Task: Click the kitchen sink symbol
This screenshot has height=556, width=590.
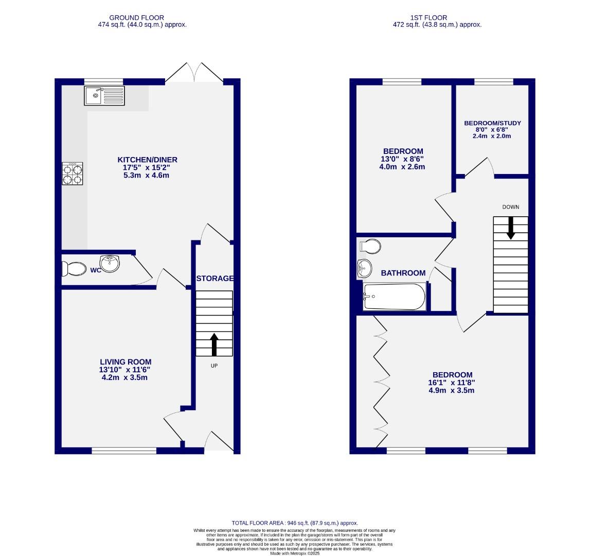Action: point(104,96)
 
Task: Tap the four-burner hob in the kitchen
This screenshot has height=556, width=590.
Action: point(73,173)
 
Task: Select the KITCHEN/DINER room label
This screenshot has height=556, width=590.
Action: point(147,160)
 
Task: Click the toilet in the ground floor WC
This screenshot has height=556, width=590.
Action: point(73,269)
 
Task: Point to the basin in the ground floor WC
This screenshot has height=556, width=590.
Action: point(110,263)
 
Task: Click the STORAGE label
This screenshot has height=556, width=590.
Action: point(214,279)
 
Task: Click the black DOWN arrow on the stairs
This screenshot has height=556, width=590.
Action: point(510,228)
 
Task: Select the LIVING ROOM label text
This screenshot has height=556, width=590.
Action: point(126,362)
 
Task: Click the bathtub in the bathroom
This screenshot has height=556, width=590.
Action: point(394,297)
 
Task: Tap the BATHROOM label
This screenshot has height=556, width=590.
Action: point(403,273)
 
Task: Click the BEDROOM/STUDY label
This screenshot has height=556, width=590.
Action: point(492,123)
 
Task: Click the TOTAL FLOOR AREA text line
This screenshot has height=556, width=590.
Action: point(295,523)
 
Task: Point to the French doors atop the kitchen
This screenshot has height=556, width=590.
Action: point(194,74)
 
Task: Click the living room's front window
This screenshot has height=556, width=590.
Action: point(124,451)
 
